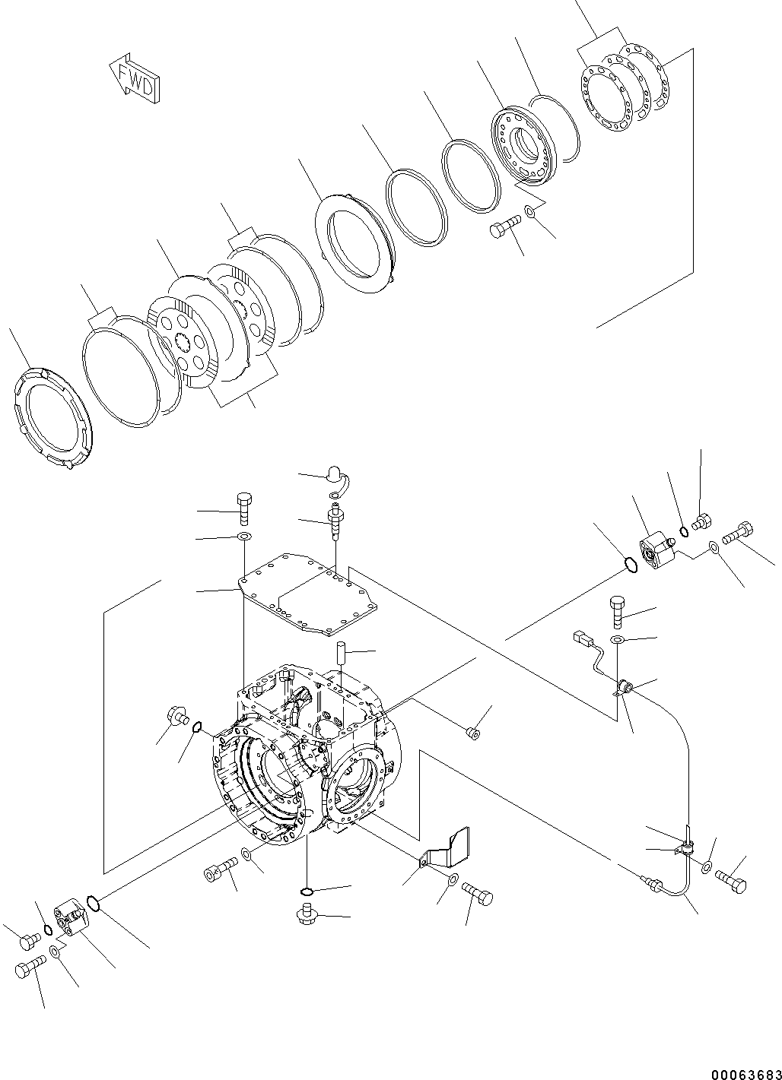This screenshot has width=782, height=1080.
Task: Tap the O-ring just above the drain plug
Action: coord(307,891)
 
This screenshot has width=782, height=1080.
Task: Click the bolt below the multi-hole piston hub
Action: coord(504,225)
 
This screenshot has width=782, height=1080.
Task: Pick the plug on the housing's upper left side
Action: coord(176,715)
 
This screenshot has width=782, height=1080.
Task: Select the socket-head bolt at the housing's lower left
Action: coord(220,872)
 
